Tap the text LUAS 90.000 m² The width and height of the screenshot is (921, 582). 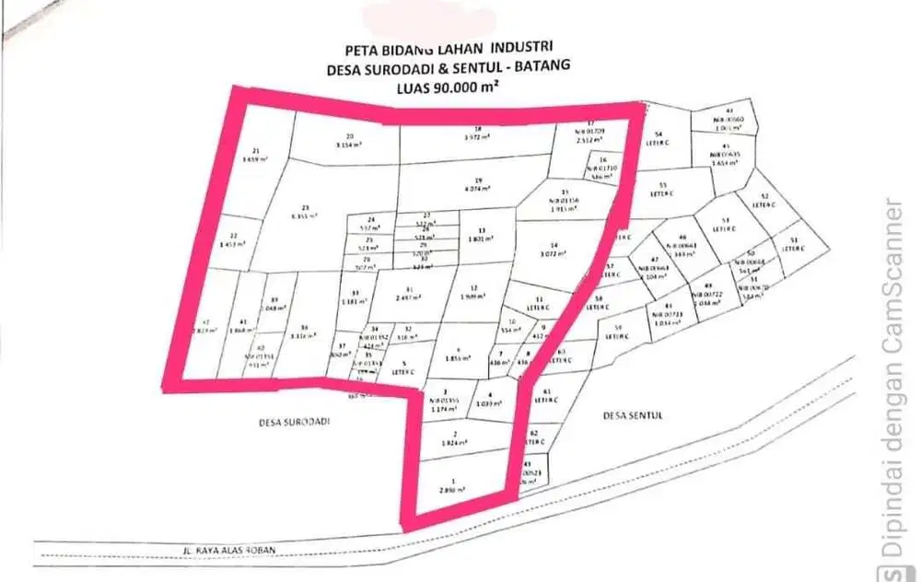448,87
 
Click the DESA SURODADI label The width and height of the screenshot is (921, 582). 293,420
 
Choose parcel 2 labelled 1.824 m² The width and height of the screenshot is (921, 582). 455,438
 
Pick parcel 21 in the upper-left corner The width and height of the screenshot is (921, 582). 255,155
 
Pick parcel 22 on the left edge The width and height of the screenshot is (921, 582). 234,240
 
